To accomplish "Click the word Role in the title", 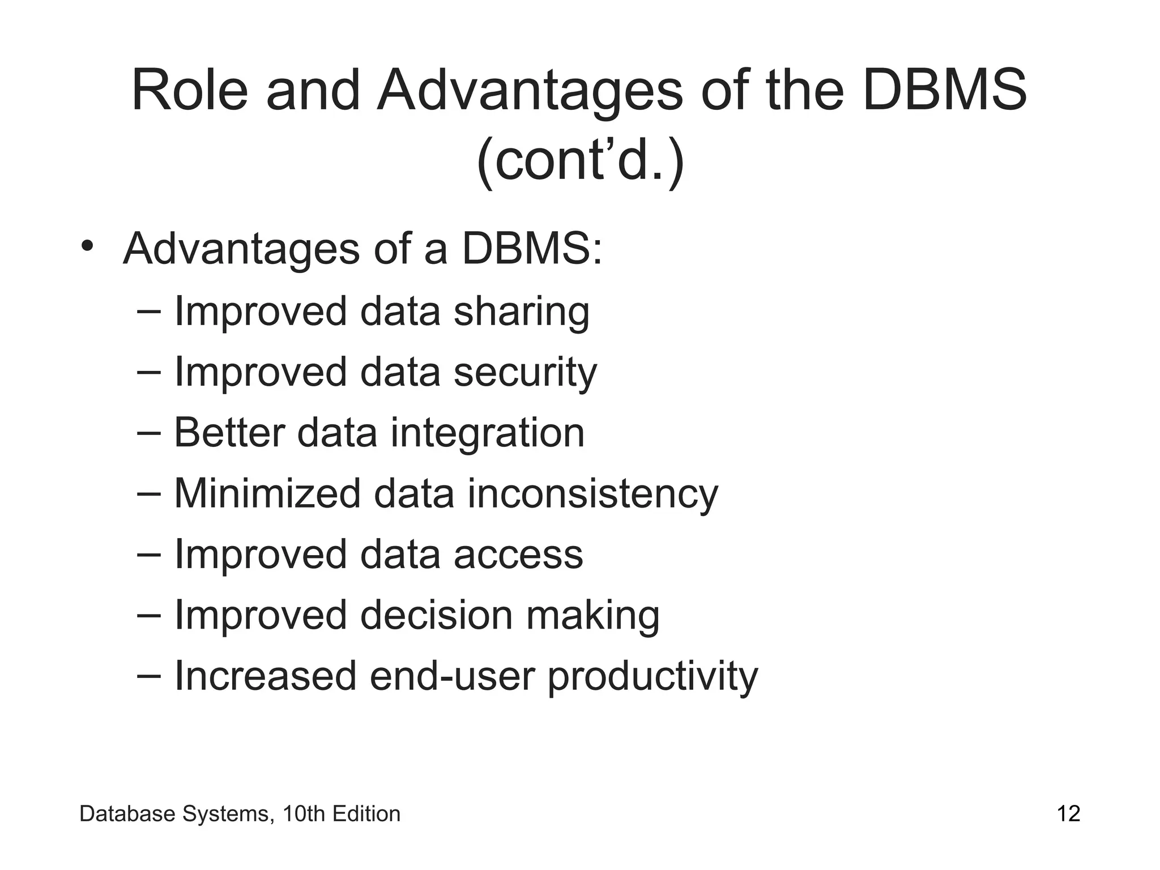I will coord(190,91).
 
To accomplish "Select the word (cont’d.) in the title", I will coord(581,161).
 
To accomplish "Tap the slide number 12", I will coord(1068,814).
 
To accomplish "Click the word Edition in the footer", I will coord(366,814).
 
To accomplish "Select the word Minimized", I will coord(267,494).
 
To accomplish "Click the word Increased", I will coord(265,676).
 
